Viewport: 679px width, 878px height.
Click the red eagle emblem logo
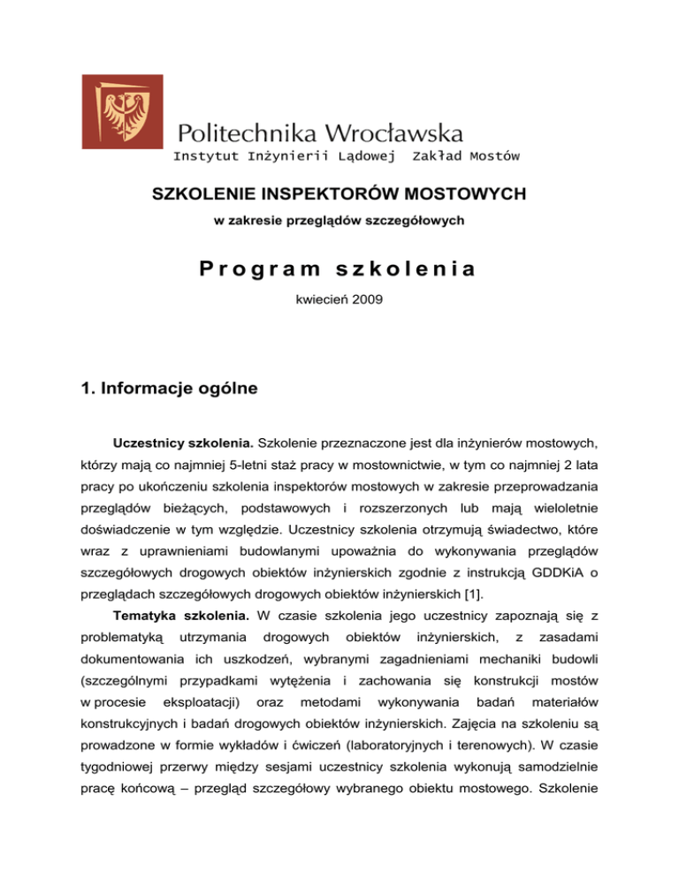(x=122, y=111)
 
